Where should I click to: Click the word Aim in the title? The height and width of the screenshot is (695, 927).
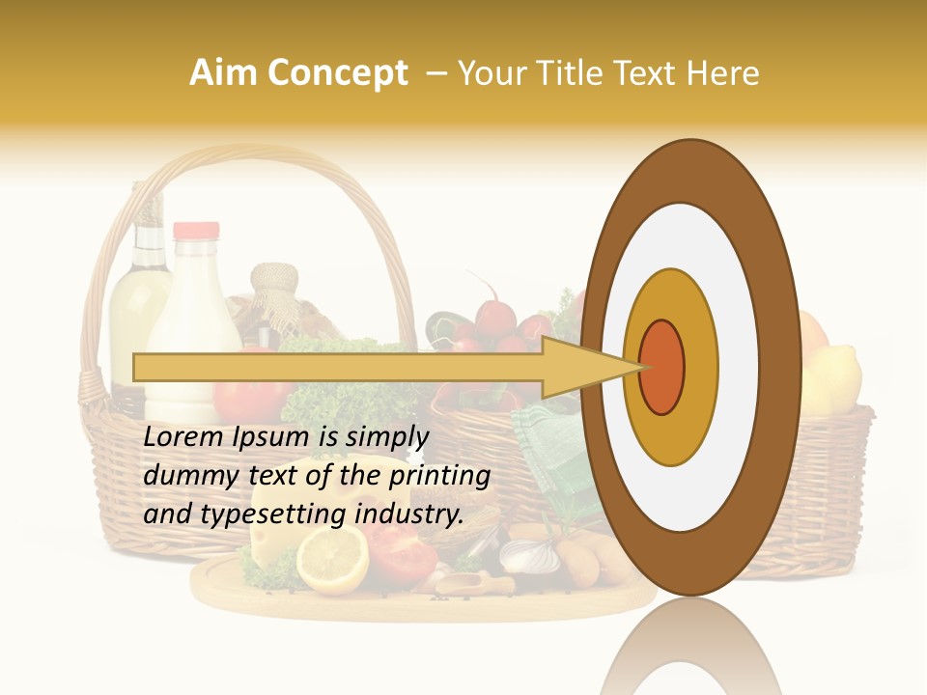pyautogui.click(x=223, y=73)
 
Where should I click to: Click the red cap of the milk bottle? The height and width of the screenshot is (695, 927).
pyautogui.click(x=195, y=232)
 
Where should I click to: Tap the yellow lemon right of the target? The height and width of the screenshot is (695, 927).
pyautogui.click(x=832, y=379)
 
